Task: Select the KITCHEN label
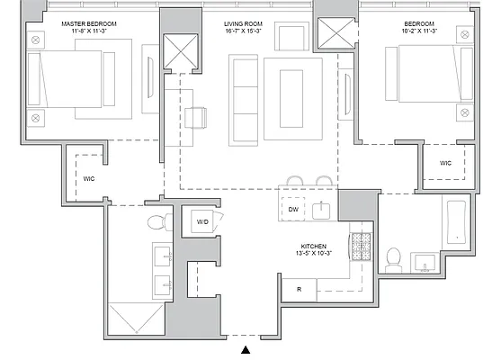click(313, 245)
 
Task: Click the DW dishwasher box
click(293, 210)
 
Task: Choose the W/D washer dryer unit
click(202, 221)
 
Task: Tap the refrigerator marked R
click(298, 290)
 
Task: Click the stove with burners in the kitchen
click(361, 246)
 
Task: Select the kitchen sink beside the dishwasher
click(322, 210)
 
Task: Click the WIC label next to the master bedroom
click(89, 178)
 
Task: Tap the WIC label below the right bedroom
click(445, 163)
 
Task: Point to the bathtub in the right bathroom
click(455, 223)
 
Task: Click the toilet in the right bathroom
click(393, 259)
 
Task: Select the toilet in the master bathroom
click(157, 222)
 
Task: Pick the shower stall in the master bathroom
click(137, 318)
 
